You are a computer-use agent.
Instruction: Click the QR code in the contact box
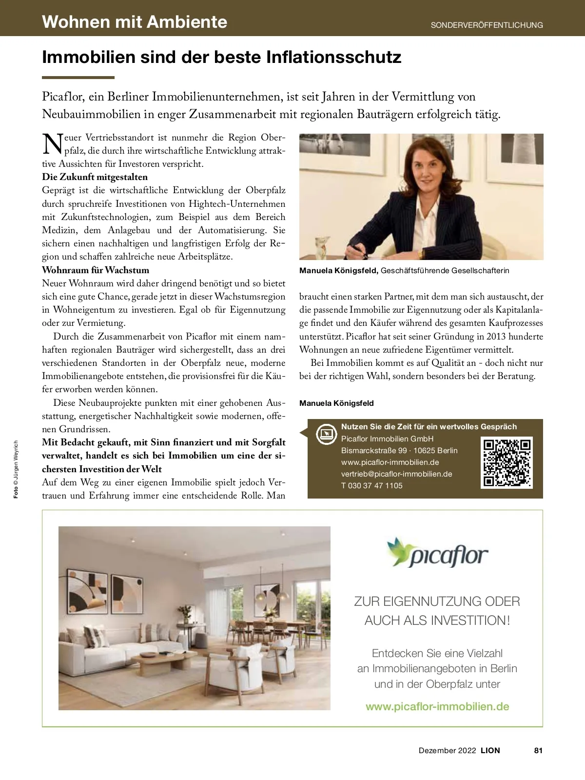(x=507, y=463)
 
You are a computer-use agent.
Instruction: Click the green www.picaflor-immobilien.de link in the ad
(x=437, y=706)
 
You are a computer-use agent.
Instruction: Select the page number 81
(x=538, y=750)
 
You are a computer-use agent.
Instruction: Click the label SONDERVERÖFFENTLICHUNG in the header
(x=487, y=25)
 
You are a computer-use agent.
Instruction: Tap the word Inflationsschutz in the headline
(x=333, y=57)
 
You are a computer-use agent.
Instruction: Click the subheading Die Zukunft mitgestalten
(x=95, y=177)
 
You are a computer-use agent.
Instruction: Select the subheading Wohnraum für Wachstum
(x=96, y=270)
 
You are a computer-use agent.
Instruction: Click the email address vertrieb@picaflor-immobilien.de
(x=396, y=474)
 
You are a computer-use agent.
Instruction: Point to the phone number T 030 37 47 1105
(x=371, y=485)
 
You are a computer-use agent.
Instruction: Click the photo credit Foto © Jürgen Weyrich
(x=16, y=469)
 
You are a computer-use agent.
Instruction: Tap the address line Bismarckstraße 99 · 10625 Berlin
(x=399, y=450)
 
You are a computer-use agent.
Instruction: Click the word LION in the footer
(x=490, y=750)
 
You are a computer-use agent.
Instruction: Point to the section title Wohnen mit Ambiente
(x=135, y=22)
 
